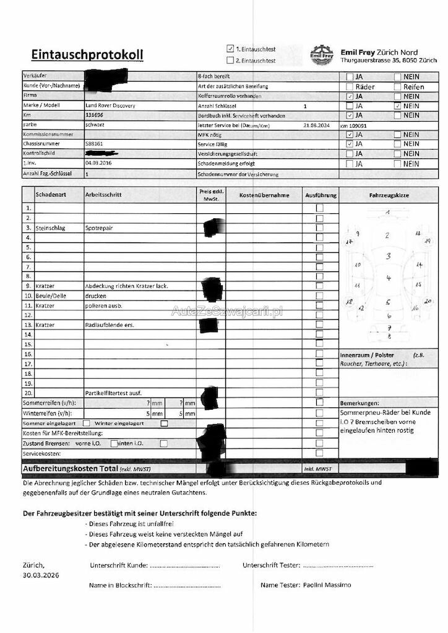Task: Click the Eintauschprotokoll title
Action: pyautogui.click(x=87, y=55)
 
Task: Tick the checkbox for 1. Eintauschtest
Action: pyautogui.click(x=230, y=48)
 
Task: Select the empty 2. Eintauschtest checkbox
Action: pyautogui.click(x=230, y=60)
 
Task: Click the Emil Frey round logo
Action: pyautogui.click(x=322, y=54)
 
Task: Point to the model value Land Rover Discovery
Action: pyautogui.click(x=110, y=106)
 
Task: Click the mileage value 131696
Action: pyautogui.click(x=95, y=115)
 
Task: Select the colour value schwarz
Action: pyautogui.click(x=95, y=124)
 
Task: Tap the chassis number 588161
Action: pyautogui.click(x=95, y=143)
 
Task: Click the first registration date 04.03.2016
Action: pyautogui.click(x=99, y=163)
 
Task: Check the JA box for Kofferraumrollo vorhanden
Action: pyautogui.click(x=350, y=96)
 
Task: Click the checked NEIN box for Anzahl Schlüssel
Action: pyautogui.click(x=397, y=106)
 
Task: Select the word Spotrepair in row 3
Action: pyautogui.click(x=99, y=228)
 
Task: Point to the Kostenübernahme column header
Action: pyautogui.click(x=264, y=195)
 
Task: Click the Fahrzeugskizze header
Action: pyautogui.click(x=389, y=195)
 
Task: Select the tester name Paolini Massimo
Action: pyautogui.click(x=327, y=584)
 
